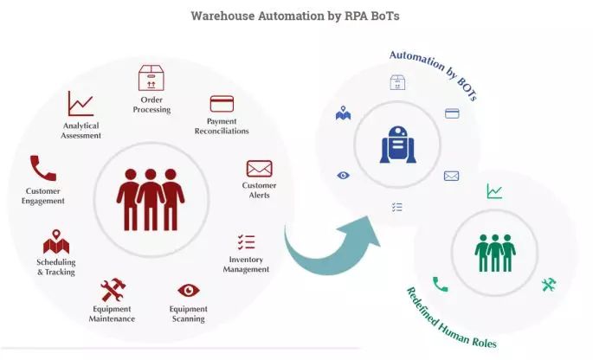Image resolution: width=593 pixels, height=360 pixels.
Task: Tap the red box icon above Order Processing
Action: point(151,78)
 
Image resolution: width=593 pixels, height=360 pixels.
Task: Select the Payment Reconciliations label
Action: point(228,126)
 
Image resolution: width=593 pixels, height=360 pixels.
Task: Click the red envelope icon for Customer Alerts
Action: point(259,168)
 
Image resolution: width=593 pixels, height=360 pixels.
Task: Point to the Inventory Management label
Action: point(248,264)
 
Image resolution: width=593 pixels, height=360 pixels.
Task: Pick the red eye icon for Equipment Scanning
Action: point(189,290)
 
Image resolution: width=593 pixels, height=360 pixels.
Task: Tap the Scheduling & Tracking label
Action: point(55,267)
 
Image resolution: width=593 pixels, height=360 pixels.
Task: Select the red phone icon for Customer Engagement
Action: point(42,168)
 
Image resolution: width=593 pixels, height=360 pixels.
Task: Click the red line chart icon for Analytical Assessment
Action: point(81,105)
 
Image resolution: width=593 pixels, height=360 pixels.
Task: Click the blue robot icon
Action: point(397,144)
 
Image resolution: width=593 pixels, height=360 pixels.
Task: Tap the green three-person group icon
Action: point(494,252)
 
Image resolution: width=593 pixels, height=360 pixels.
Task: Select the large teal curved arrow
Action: point(334,251)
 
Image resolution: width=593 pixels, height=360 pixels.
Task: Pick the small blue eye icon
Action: point(344,176)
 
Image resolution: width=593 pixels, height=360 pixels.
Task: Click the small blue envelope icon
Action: point(451,176)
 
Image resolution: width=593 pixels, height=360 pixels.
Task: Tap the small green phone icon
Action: point(441,284)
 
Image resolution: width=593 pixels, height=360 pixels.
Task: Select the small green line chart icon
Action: point(494,191)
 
